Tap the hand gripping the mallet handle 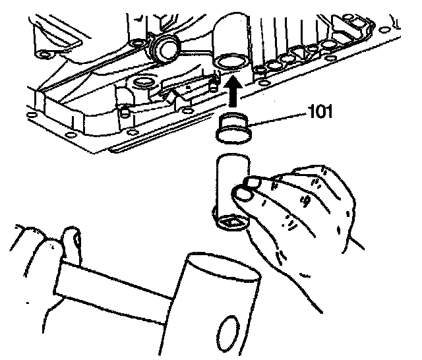pyautogui.click(x=40, y=251)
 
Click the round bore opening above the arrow pyautogui.click(x=230, y=63)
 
